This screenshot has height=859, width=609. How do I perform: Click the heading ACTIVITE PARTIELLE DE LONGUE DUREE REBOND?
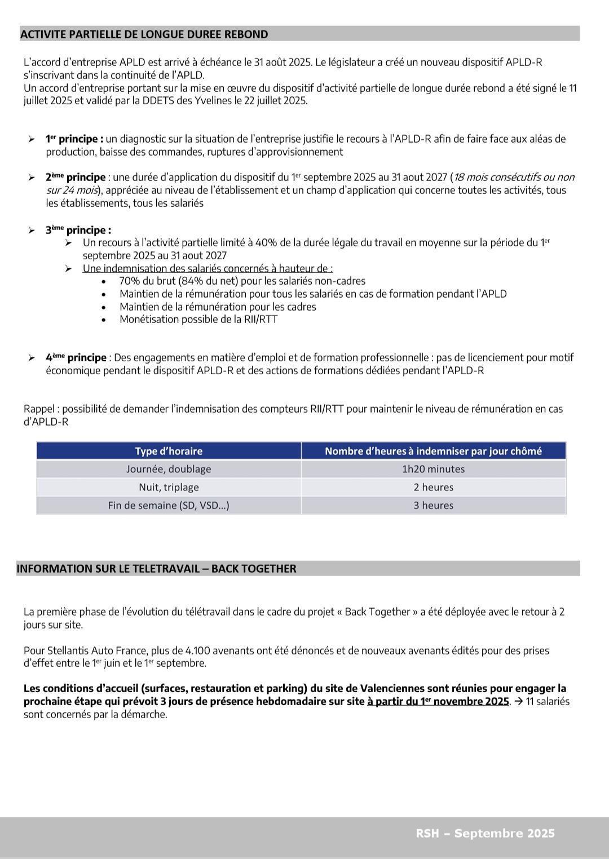[x=144, y=34]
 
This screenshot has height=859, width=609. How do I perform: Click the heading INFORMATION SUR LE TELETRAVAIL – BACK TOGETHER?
[x=156, y=569]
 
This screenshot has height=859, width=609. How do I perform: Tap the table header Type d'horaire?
[x=169, y=451]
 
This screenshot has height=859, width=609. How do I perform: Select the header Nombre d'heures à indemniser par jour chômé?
[x=433, y=451]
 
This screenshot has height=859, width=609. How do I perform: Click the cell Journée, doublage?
[x=169, y=469]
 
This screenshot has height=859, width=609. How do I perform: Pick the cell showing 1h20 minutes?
[x=433, y=469]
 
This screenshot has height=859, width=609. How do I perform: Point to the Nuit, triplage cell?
[x=169, y=487]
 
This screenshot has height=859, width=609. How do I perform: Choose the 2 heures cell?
[x=433, y=487]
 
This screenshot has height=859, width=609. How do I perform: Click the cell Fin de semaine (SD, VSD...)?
[x=169, y=506]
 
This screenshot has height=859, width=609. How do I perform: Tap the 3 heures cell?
[x=433, y=506]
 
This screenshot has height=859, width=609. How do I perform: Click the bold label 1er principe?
[x=74, y=139]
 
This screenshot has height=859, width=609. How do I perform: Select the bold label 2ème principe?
[x=76, y=178]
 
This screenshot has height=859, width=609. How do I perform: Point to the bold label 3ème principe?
[x=78, y=230]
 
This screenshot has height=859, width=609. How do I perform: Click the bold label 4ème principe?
[x=76, y=357]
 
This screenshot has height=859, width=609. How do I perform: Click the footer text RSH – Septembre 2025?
[x=485, y=834]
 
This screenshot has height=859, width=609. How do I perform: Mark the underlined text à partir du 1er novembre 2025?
[x=438, y=702]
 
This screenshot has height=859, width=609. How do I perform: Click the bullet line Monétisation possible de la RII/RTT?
[x=198, y=320]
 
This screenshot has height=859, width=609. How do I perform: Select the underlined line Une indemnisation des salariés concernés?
[x=207, y=268]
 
